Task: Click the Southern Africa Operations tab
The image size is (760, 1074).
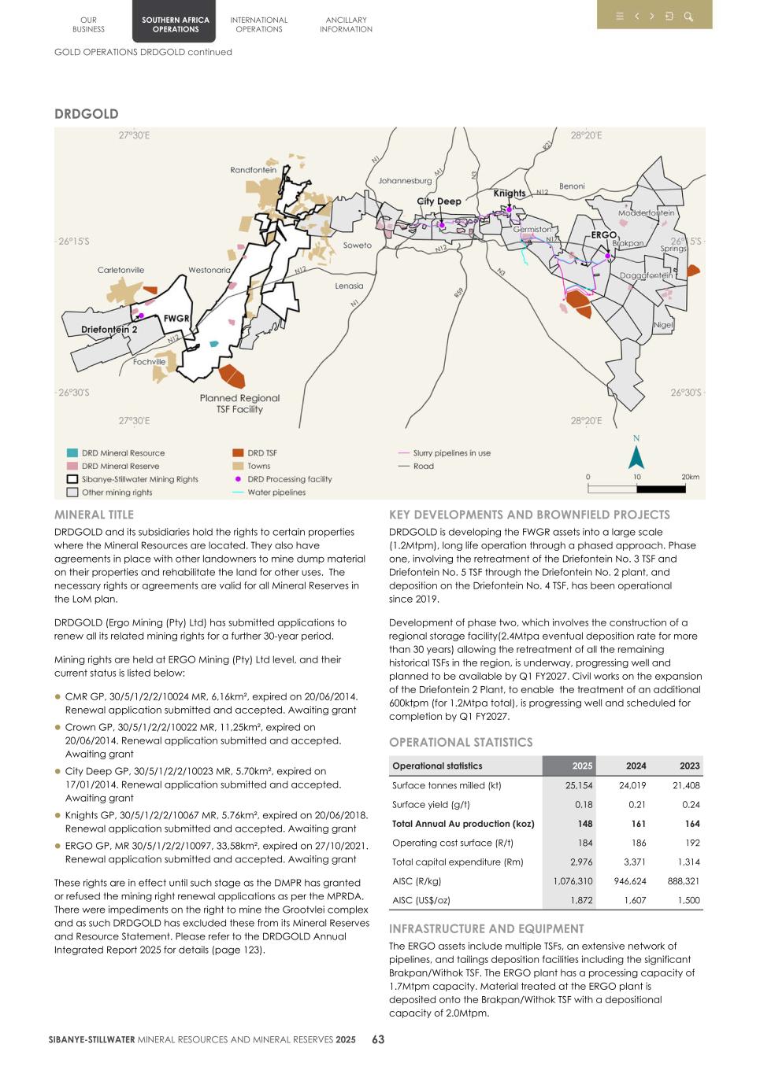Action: [175, 24]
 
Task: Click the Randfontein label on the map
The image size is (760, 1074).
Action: [253, 170]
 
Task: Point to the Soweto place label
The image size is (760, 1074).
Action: [357, 245]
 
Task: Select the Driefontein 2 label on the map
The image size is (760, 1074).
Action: [109, 330]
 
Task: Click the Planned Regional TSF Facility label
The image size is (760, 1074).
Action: [239, 404]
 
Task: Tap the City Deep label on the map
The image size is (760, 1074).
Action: [439, 201]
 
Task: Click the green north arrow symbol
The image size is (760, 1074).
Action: [636, 456]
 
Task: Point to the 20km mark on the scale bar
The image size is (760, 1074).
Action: [690, 477]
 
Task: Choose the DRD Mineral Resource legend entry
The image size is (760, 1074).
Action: [123, 453]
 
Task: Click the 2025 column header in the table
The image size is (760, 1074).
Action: [582, 766]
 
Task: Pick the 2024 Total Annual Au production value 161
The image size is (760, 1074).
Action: [638, 824]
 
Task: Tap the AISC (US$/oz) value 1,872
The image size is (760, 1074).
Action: [581, 900]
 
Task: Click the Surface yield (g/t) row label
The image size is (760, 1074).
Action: [431, 804]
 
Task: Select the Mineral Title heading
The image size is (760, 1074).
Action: [94, 515]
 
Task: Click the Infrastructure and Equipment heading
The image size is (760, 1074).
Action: [486, 928]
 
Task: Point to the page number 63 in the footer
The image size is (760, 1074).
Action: [378, 1039]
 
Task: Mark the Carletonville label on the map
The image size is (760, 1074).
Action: [120, 270]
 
